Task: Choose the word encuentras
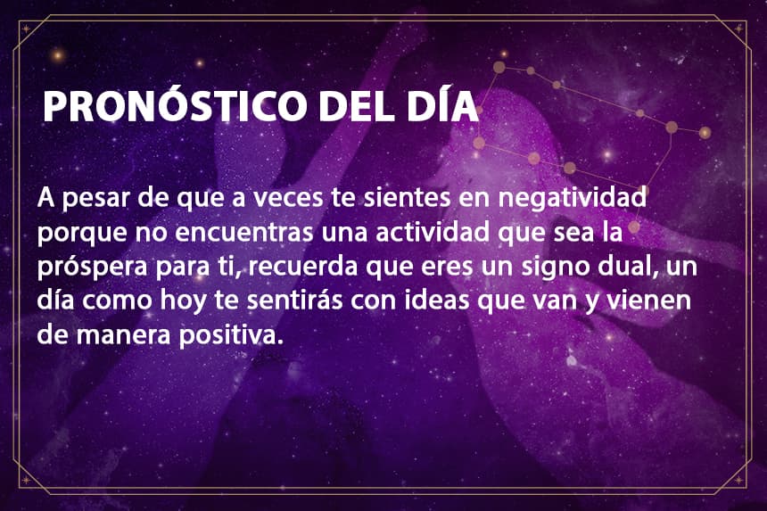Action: point(243,233)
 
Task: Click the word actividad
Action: point(433,232)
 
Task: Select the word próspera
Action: point(93,268)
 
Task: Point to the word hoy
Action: point(184,301)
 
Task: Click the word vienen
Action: point(648,301)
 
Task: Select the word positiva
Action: point(231,335)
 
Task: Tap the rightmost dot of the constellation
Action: point(705,133)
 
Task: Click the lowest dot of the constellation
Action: point(634,227)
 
